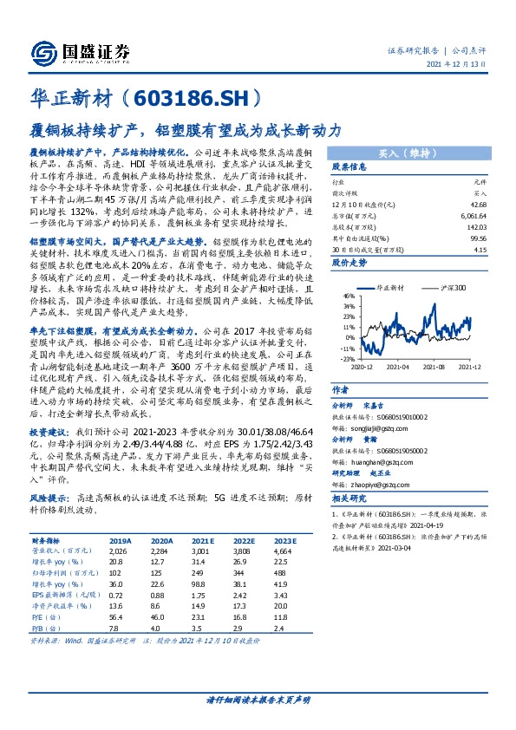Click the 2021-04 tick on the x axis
point(397,367)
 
